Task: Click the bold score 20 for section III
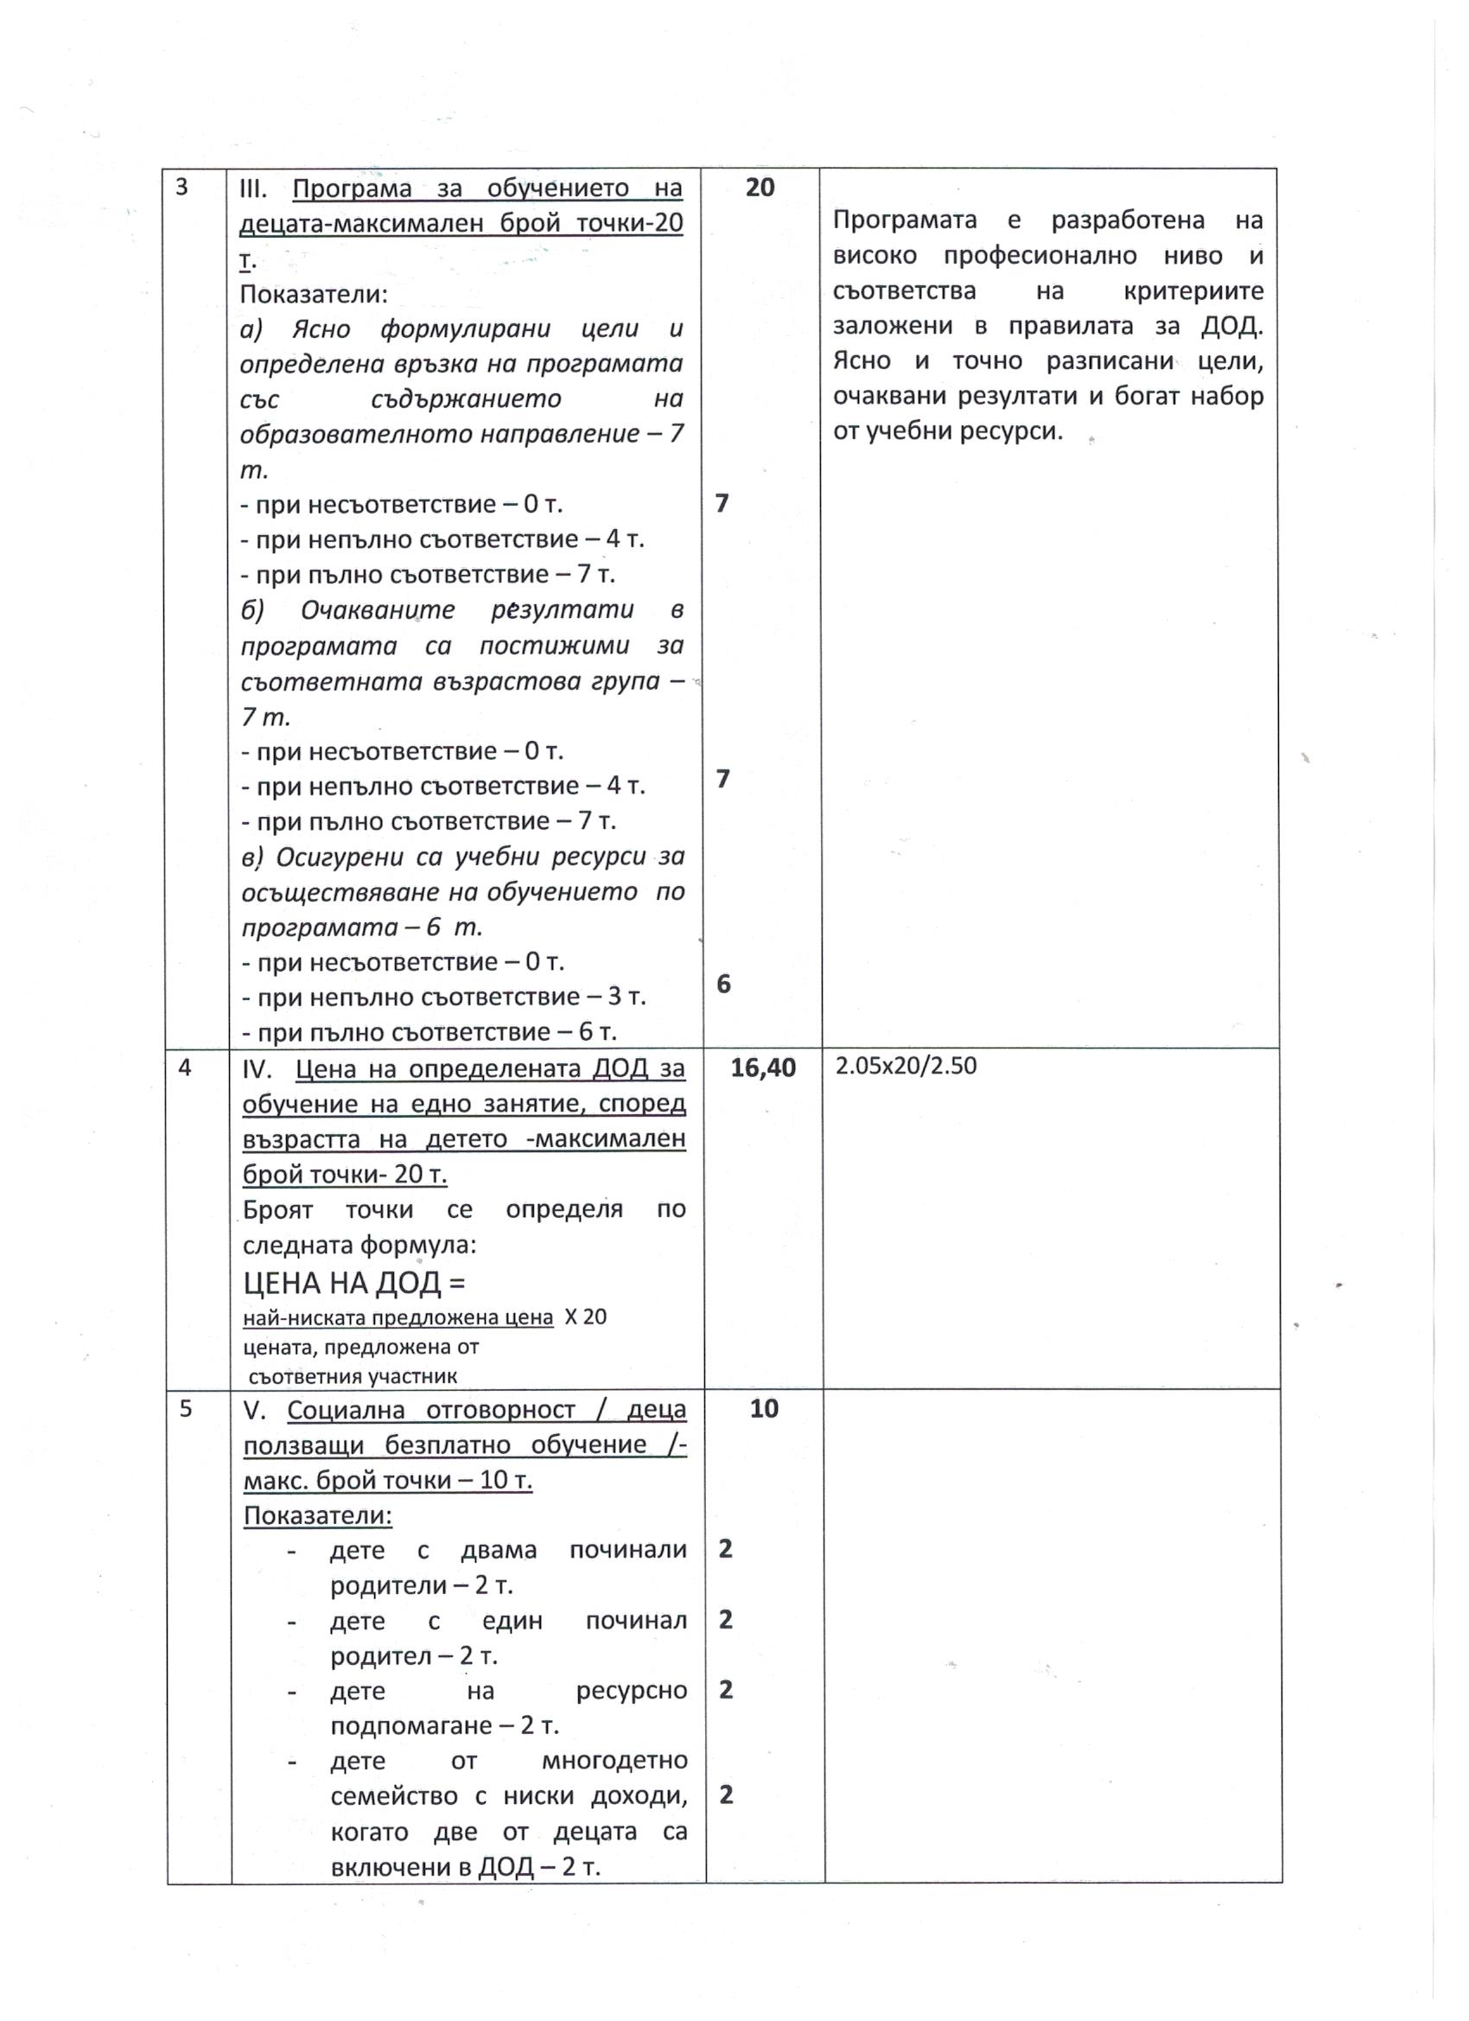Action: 759,188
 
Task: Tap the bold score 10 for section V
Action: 764,1409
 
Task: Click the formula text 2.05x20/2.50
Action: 906,1066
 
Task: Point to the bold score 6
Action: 723,984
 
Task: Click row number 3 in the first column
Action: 181,188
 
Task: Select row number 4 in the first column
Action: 184,1068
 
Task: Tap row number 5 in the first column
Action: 185,1409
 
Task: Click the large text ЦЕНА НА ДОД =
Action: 353,1284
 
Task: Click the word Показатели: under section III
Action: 314,293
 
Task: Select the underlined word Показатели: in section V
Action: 318,1516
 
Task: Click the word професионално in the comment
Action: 1040,256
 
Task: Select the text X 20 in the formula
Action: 585,1317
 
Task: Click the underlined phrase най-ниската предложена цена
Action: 397,1318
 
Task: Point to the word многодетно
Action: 614,1761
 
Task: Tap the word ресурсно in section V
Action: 631,1691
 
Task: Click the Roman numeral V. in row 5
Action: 257,1411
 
